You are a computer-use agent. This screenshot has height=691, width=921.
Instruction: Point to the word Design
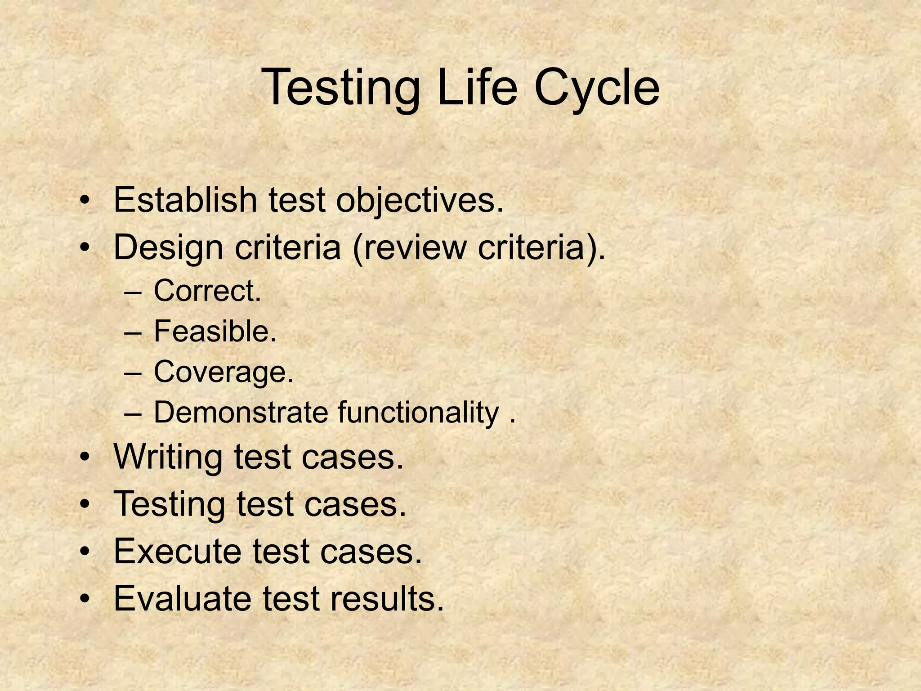point(168,248)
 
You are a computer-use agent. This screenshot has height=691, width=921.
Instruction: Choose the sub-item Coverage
point(224,373)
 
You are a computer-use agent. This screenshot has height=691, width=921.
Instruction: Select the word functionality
point(418,413)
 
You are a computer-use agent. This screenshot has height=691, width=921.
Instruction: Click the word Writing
point(168,458)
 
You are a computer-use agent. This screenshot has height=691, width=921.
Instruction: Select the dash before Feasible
point(134,333)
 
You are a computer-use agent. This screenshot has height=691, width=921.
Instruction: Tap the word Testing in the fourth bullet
point(169,504)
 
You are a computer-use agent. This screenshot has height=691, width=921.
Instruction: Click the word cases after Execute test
point(371,551)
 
